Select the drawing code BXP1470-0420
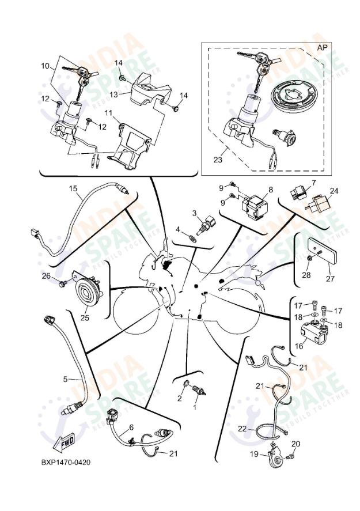66,462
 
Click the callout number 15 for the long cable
73,188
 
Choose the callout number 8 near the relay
270,190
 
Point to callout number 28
306,275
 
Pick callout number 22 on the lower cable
242,429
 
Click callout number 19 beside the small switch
254,454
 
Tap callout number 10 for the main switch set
45,66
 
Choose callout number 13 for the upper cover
113,94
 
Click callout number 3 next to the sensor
195,213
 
